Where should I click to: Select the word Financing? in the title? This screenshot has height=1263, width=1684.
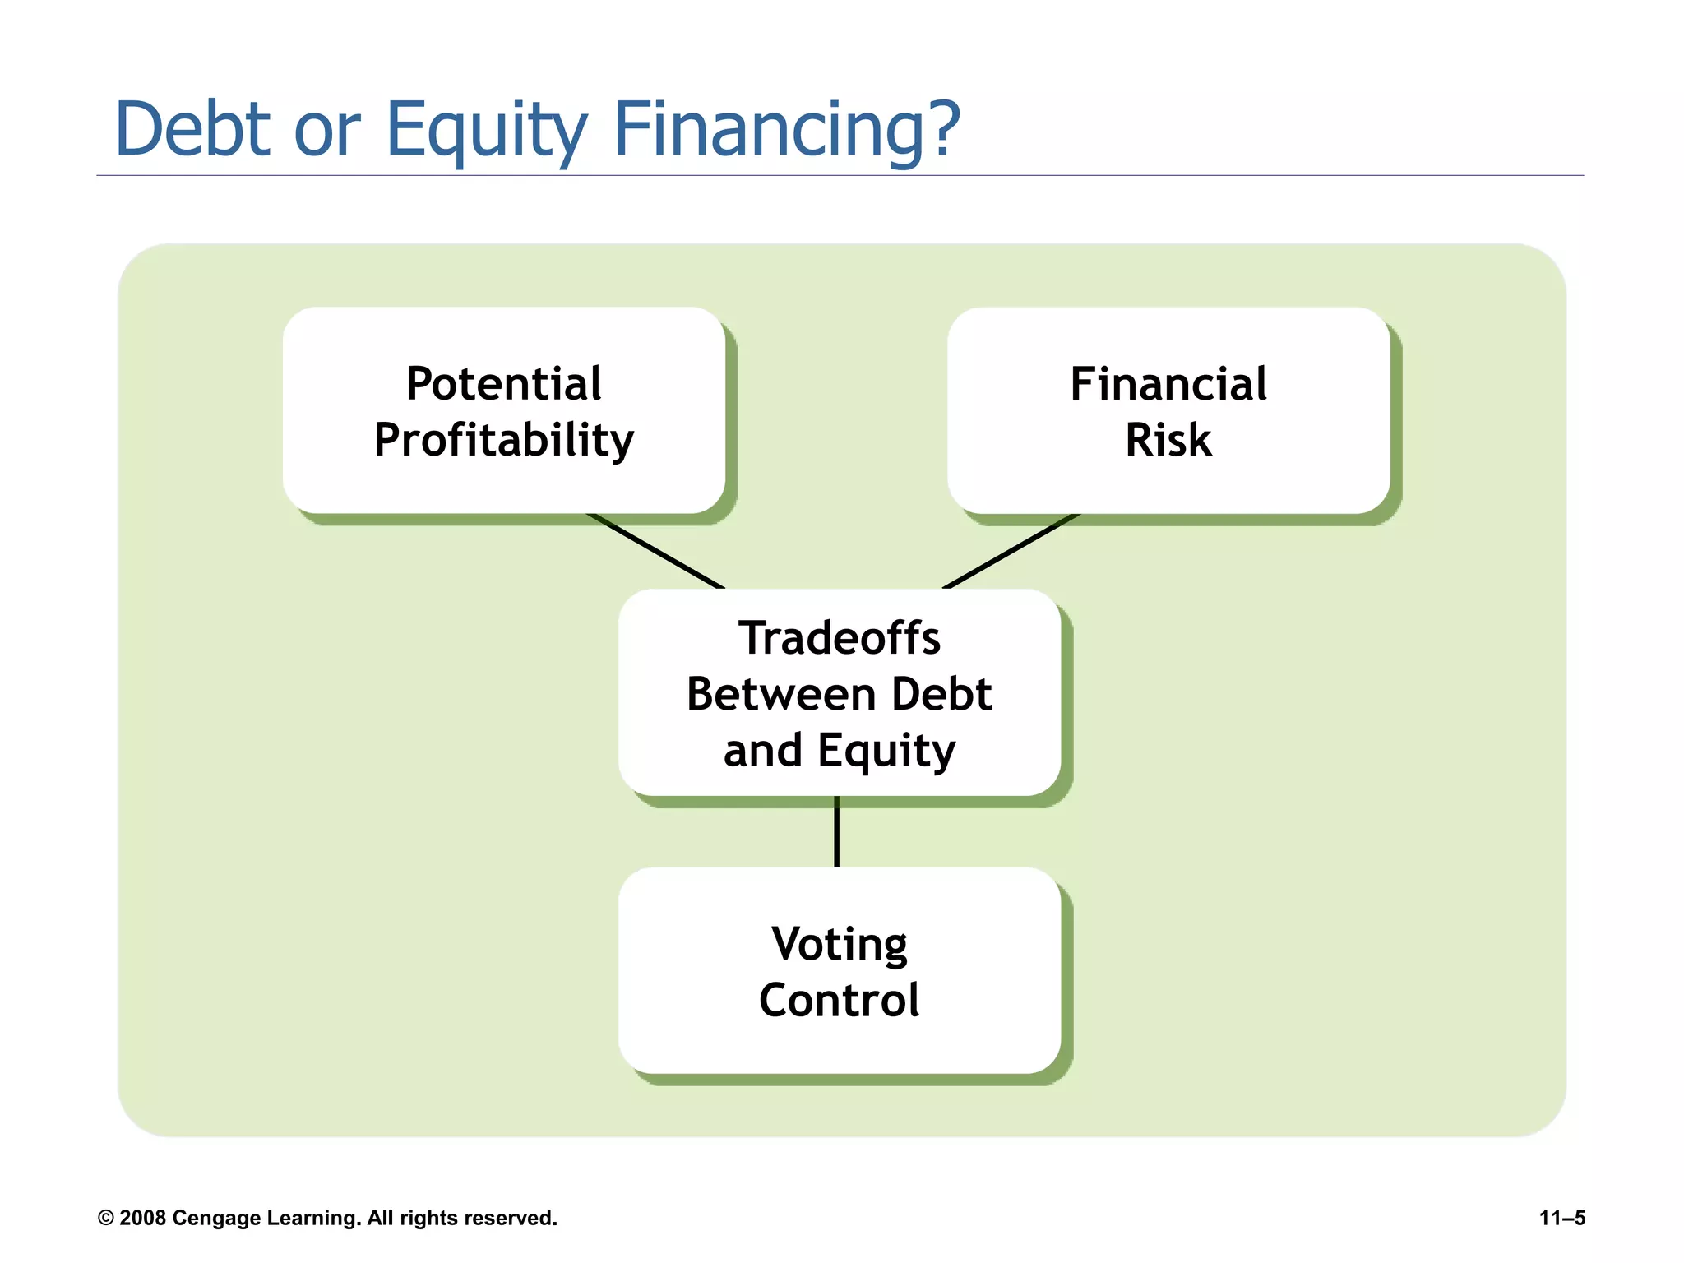pyautogui.click(x=787, y=130)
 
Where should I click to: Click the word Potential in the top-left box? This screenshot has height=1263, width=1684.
pyautogui.click(x=504, y=384)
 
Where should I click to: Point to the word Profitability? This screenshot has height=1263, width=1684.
pyautogui.click(x=504, y=440)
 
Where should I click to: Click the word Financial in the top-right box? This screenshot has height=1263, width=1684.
pyautogui.click(x=1168, y=384)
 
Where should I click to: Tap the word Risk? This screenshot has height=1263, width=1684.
pyautogui.click(x=1168, y=440)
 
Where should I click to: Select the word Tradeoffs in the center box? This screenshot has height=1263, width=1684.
pyautogui.click(x=840, y=638)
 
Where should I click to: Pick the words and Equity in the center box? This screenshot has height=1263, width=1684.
pyautogui.click(x=840, y=751)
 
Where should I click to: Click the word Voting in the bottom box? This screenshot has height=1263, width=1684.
pyautogui.click(x=840, y=944)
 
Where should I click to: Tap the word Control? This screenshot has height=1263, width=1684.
pyautogui.click(x=840, y=1000)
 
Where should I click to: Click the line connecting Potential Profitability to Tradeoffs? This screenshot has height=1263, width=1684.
pyautogui.click(x=655, y=551)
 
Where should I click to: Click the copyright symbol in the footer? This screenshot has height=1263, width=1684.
pyautogui.click(x=105, y=1218)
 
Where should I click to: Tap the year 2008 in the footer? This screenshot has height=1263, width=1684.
pyautogui.click(x=142, y=1218)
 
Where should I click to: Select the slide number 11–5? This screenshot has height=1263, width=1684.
pyautogui.click(x=1561, y=1218)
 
